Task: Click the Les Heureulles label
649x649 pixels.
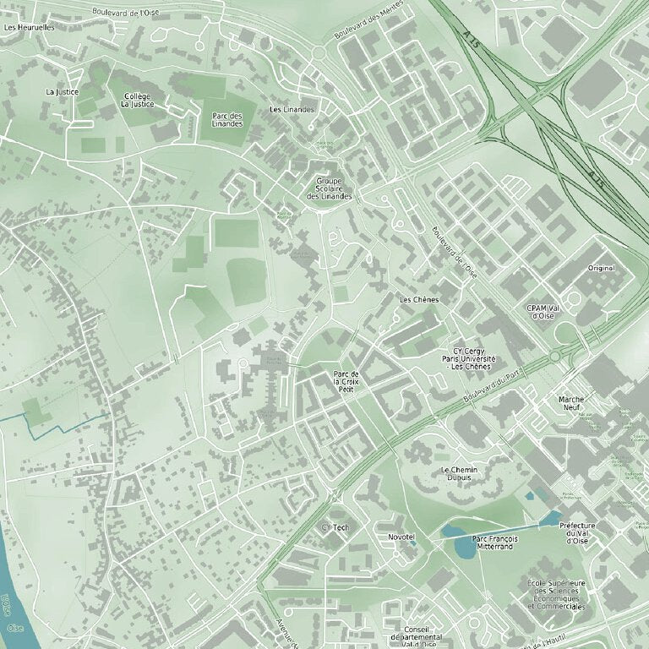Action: tap(29, 27)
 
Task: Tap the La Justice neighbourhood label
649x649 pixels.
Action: tap(62, 91)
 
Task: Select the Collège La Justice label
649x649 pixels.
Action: tap(137, 100)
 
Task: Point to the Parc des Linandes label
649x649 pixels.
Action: tap(227, 119)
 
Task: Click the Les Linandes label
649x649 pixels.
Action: tap(292, 110)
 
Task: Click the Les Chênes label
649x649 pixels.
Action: tap(420, 299)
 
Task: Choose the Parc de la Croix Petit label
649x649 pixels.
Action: tap(346, 381)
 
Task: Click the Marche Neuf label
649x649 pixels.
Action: tap(572, 402)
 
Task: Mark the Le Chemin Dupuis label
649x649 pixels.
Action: tap(459, 473)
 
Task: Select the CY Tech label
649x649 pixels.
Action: tap(335, 527)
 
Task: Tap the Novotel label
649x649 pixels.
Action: tap(402, 537)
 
